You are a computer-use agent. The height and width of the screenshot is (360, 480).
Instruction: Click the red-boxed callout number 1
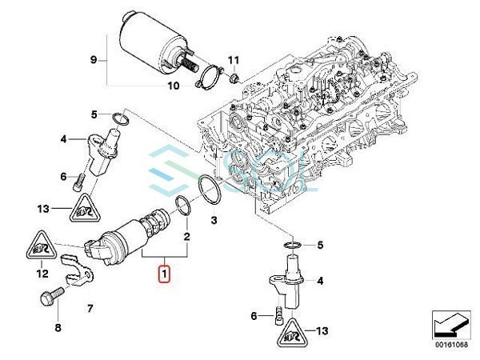[164, 274]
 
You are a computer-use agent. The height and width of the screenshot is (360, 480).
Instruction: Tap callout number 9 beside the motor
[94, 60]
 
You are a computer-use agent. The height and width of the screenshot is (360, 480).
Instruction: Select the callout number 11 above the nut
[233, 60]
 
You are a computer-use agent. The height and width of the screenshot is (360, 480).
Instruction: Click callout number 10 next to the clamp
[174, 86]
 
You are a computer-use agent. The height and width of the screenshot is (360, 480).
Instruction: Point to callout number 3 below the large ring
[214, 220]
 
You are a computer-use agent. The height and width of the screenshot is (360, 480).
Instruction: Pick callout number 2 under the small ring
[186, 236]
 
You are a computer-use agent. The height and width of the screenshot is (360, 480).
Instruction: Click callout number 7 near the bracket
[90, 308]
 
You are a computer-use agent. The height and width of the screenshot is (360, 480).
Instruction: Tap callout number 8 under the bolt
[58, 327]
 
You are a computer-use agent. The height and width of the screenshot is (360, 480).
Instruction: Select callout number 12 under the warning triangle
[42, 274]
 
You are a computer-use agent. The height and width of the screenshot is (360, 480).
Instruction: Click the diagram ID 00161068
[451, 345]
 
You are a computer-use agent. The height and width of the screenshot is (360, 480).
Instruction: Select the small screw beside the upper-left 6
[78, 182]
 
